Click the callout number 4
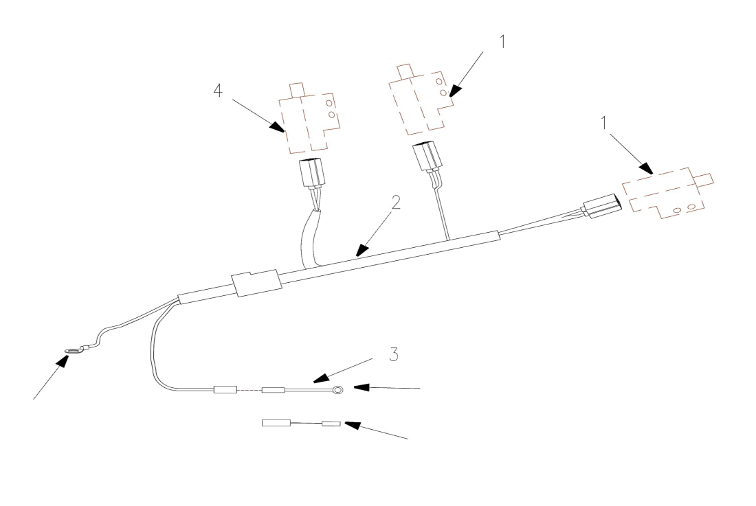[218, 90]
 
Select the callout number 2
[396, 203]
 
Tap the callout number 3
[394, 354]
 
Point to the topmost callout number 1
[502, 41]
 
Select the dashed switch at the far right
[667, 192]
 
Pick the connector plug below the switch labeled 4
[313, 173]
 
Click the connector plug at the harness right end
[602, 205]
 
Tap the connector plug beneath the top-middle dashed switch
[427, 157]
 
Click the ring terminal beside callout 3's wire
[338, 389]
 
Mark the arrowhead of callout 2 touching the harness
[361, 251]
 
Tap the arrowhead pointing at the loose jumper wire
[353, 424]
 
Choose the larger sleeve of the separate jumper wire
[276, 423]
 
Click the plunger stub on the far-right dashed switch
[704, 179]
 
